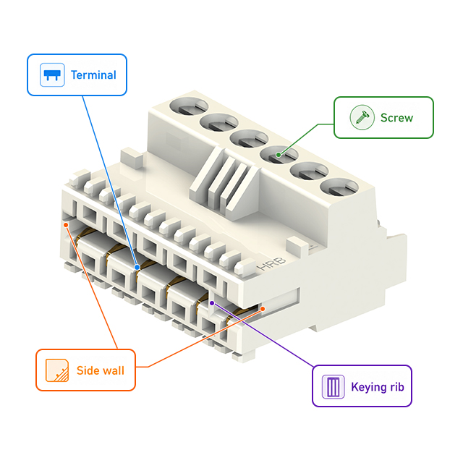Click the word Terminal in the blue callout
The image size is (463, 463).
tap(93, 75)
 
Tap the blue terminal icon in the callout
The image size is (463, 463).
tap(51, 75)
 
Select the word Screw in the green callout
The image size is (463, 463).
tap(396, 117)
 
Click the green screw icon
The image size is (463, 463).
tap(361, 117)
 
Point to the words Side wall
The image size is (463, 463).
tap(101, 370)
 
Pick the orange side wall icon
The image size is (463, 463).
tap(56, 370)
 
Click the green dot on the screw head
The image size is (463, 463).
tap(277, 153)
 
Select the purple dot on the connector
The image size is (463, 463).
tap(212, 303)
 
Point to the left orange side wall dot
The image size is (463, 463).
tap(66, 224)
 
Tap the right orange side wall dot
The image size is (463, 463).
tap(263, 309)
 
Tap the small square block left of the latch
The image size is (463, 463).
tap(129, 157)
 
